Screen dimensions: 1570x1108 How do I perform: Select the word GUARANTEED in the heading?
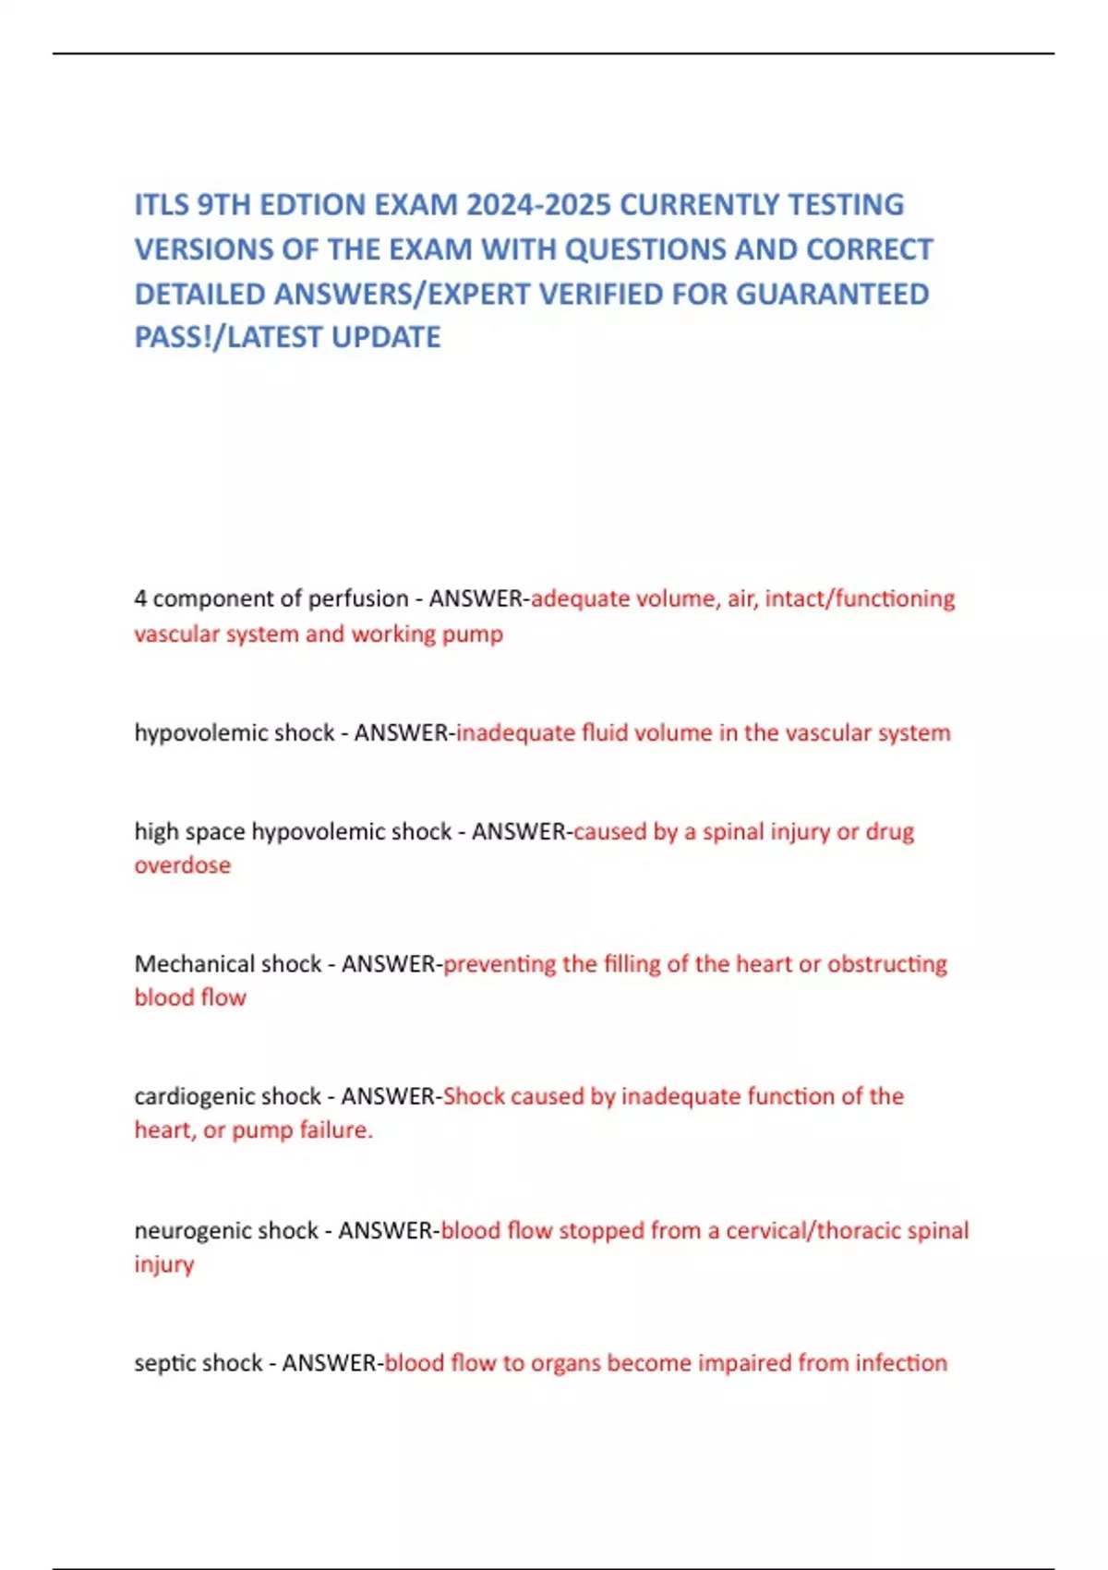pos(833,294)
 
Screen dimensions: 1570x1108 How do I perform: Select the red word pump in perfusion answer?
pos(472,634)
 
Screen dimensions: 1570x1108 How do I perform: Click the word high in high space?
pos(153,831)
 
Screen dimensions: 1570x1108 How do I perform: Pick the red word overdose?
pos(183,865)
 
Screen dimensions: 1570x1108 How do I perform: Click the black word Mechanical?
pos(194,964)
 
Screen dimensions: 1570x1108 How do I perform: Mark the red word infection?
pos(900,1363)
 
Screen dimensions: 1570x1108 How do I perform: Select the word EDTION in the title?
pos(311,204)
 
